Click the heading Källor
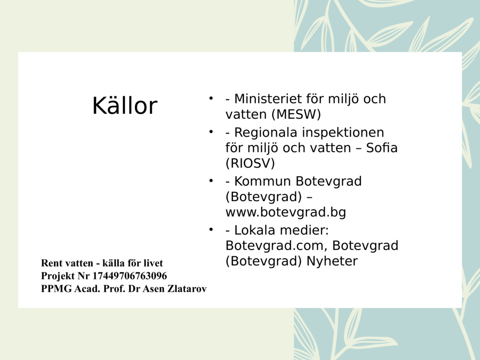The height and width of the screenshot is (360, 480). click(x=125, y=106)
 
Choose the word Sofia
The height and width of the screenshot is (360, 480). click(x=382, y=148)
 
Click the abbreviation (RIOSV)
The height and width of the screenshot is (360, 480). click(x=250, y=163)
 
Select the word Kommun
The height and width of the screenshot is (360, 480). click(x=263, y=181)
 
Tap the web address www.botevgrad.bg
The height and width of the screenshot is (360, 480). click(x=286, y=212)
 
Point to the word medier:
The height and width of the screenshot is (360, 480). click(x=306, y=231)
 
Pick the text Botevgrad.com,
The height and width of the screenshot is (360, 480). click(x=277, y=246)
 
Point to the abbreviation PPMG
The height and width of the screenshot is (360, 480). click(x=57, y=289)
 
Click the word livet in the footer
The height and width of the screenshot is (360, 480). click(x=153, y=263)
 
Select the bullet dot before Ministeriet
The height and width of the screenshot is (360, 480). click(x=210, y=98)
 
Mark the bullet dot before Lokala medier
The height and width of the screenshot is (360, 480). click(x=210, y=230)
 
